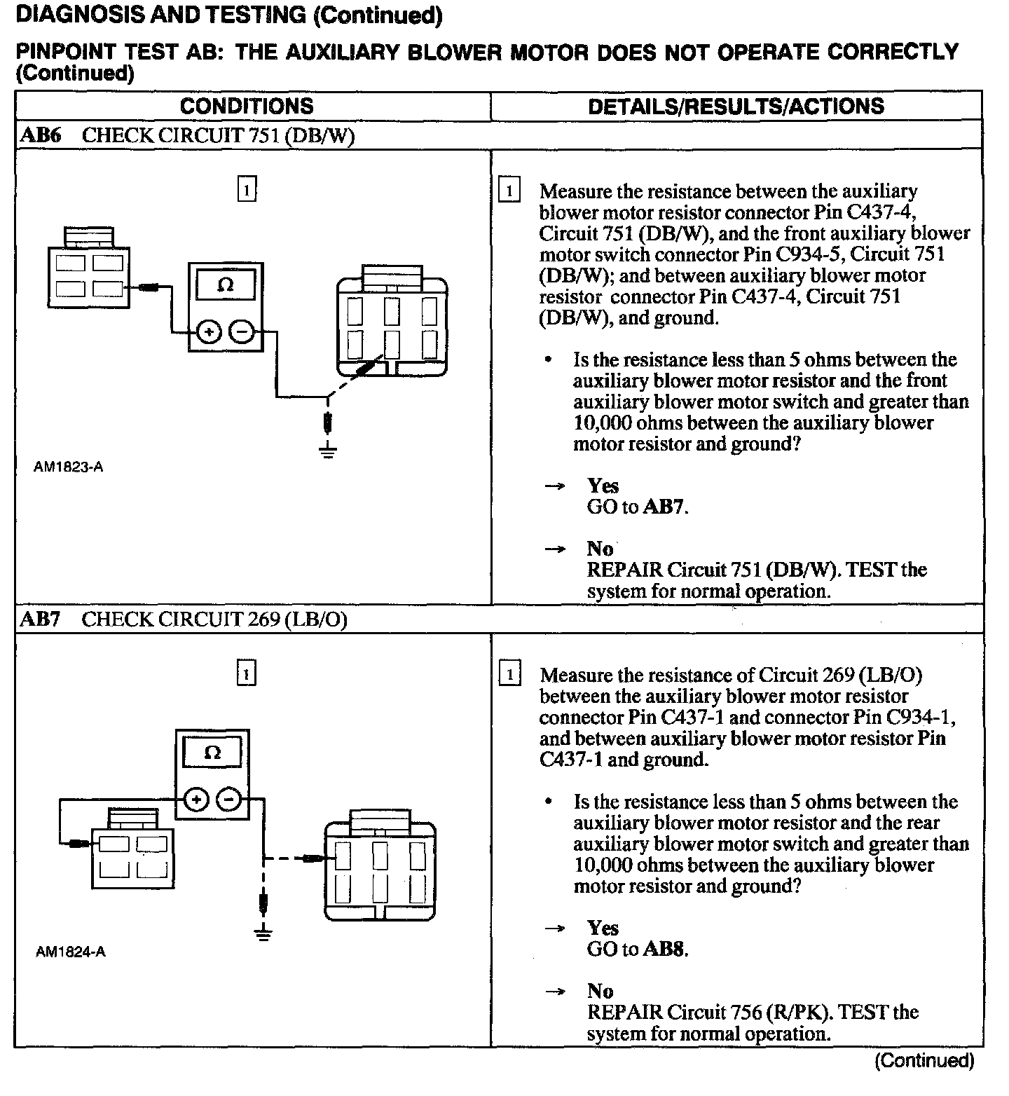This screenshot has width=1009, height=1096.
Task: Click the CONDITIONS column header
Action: [247, 107]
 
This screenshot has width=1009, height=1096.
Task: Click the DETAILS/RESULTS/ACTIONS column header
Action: [736, 107]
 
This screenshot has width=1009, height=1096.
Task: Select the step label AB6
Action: [41, 135]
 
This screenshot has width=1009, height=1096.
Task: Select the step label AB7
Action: [41, 619]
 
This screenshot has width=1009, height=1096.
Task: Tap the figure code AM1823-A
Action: [69, 467]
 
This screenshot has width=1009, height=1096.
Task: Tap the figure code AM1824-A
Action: [70, 952]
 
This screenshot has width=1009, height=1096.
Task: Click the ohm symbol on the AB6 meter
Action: [226, 285]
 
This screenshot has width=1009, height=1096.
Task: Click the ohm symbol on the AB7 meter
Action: [212, 753]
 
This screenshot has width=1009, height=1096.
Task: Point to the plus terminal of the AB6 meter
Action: [208, 331]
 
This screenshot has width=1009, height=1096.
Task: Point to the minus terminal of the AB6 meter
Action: [242, 331]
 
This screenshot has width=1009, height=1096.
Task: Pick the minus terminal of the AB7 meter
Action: [229, 799]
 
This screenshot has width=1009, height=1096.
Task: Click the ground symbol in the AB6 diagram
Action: [327, 450]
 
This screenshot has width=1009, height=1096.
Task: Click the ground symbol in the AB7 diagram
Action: [263, 933]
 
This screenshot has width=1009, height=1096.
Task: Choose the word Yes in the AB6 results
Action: [603, 486]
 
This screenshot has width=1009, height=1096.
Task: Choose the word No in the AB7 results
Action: [600, 991]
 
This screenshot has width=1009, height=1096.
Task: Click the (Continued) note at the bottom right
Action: [924, 1061]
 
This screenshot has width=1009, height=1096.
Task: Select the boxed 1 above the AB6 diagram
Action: [247, 190]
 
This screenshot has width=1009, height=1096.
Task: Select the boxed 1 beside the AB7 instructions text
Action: [509, 675]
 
